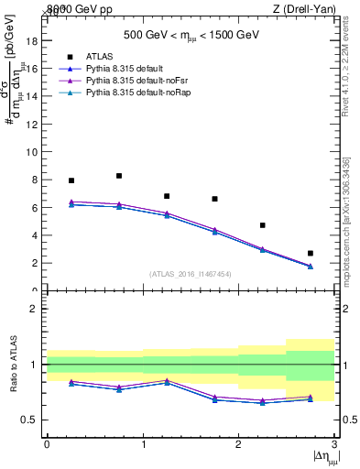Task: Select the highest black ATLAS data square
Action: tap(119, 176)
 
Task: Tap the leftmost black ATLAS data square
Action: tap(71, 180)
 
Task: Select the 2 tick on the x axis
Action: tap(238, 444)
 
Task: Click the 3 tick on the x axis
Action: tap(334, 444)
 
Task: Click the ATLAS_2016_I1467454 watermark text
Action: tap(190, 273)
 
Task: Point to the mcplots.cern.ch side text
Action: tap(351, 215)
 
